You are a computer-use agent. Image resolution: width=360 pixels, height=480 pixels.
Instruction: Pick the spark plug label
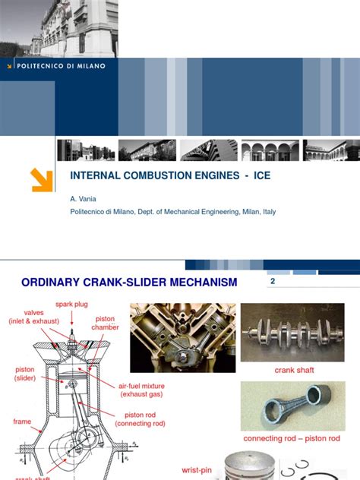click(x=72, y=305)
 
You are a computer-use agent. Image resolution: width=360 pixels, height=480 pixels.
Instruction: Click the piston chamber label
click(x=106, y=324)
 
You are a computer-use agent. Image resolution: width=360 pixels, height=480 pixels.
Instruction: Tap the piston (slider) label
click(x=24, y=374)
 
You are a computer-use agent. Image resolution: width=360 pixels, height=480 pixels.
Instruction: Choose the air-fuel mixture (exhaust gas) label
click(x=141, y=390)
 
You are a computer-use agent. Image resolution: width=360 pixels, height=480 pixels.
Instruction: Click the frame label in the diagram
click(x=23, y=421)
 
